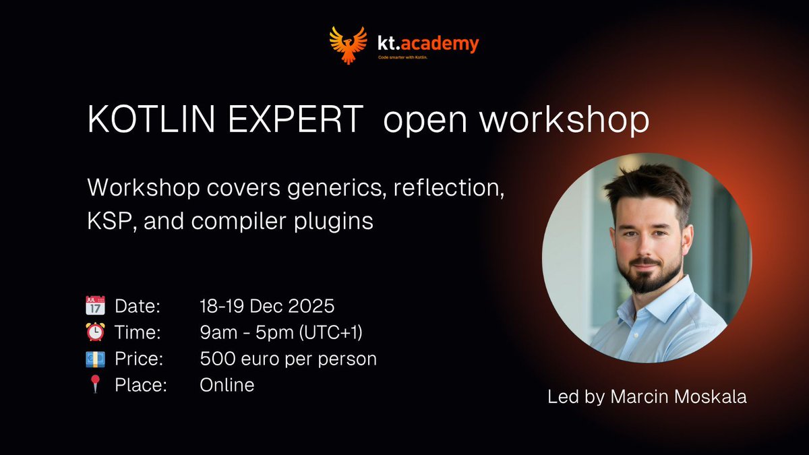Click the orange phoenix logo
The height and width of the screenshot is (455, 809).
tap(348, 44)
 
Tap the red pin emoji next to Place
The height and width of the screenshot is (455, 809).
tap(94, 386)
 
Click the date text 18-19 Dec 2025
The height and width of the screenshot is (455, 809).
tap(267, 305)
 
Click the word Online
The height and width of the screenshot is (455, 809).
tap(227, 386)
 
